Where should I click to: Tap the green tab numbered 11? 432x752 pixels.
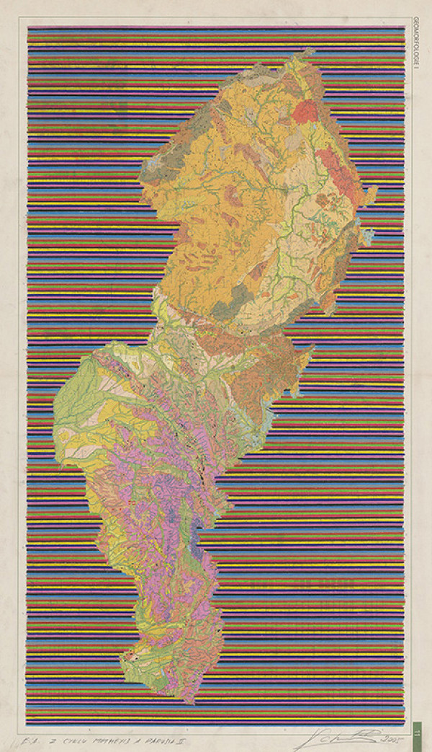click(x=418, y=731)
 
